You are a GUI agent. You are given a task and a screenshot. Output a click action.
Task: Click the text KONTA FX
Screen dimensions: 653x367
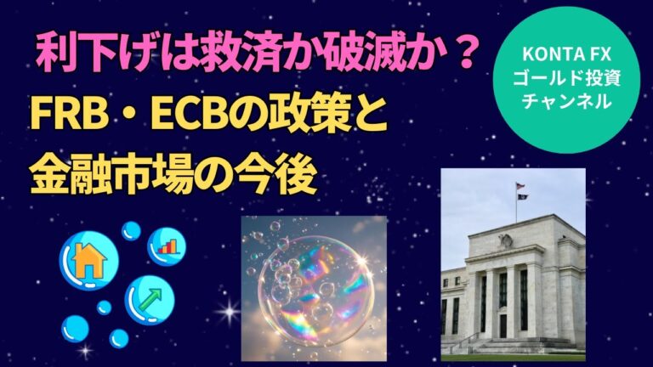coord(566,54)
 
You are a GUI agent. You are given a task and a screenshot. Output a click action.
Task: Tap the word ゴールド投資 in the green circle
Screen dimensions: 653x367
coord(566,78)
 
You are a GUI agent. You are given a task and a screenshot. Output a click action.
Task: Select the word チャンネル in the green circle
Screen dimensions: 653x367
coord(566,101)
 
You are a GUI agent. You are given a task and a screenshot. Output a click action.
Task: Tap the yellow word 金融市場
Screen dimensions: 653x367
coord(106,177)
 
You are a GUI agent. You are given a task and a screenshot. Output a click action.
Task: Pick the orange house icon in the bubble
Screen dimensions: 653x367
coord(88,261)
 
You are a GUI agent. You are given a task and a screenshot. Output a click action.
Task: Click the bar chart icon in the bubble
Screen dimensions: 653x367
coord(168,246)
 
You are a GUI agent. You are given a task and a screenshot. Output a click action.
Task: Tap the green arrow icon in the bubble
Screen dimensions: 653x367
coord(150,300)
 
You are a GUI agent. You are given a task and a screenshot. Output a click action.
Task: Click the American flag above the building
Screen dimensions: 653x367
coord(520,186)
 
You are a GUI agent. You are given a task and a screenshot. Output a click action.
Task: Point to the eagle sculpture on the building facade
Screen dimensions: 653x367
coord(507,240)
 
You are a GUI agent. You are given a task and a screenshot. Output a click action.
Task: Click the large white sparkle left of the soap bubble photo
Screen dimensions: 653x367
coord(230,311)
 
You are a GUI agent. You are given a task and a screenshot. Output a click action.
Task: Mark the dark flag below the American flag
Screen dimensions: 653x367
coord(522,197)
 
